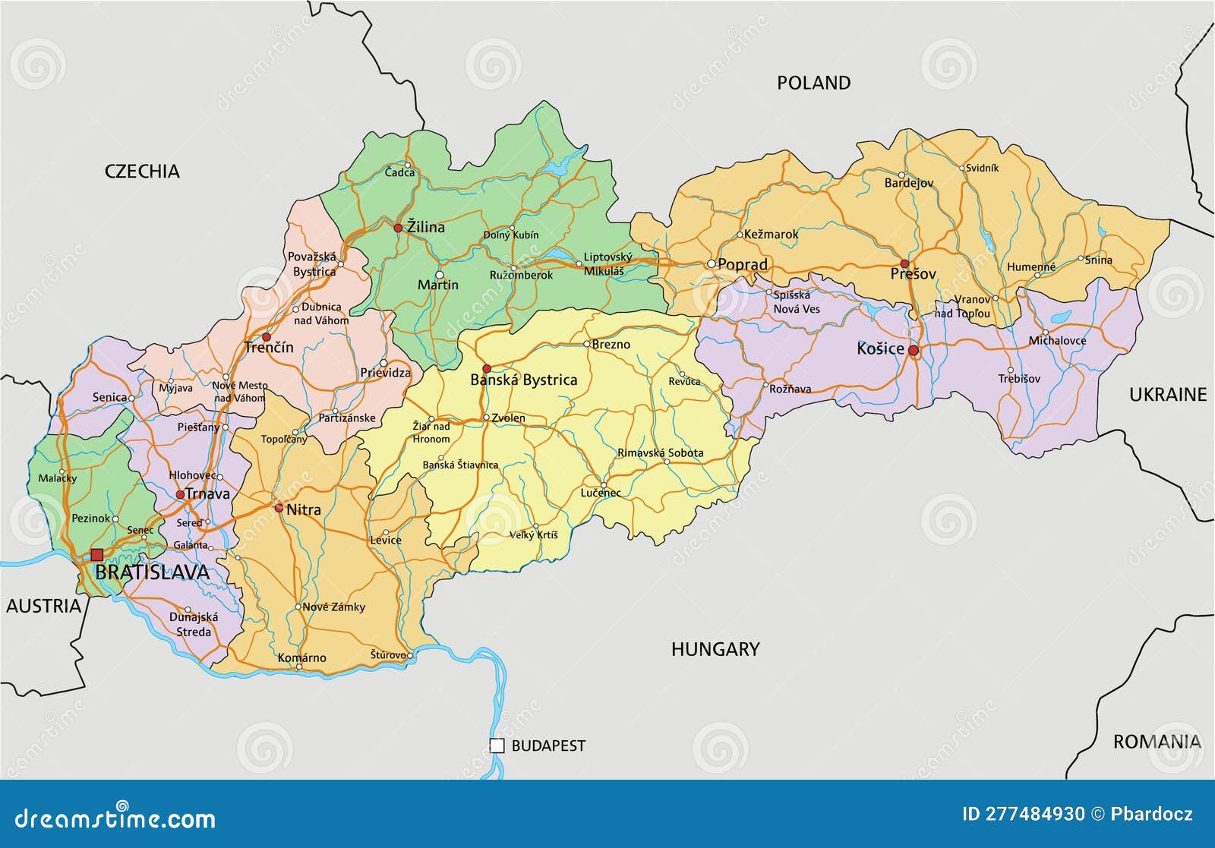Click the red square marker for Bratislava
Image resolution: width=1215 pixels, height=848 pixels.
(96, 555)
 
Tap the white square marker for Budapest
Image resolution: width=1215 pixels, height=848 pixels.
(497, 746)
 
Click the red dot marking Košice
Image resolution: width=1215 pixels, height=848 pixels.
(914, 351)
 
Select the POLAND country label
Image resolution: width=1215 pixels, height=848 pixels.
(813, 83)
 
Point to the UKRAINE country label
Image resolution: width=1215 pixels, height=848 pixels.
(1167, 394)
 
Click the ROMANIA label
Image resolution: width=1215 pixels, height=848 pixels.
(1157, 741)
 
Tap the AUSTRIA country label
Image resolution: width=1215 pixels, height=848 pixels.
(43, 605)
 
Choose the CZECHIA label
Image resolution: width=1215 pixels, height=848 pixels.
(142, 171)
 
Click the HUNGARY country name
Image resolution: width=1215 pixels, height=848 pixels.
(715, 648)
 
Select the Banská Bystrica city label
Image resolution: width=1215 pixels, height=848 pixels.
(523, 380)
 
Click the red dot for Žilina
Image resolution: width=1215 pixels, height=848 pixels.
(398, 228)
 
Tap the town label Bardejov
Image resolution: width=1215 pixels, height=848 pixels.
(908, 183)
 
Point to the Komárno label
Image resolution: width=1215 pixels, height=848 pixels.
(301, 657)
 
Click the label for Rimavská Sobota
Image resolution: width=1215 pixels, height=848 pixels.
(660, 452)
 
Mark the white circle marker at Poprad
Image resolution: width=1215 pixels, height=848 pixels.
(712, 263)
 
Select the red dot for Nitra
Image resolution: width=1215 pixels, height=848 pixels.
(279, 508)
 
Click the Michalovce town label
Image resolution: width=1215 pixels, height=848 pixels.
(1057, 341)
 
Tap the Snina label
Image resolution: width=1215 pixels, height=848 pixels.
(1098, 260)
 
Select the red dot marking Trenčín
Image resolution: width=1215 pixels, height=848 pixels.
(266, 336)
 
